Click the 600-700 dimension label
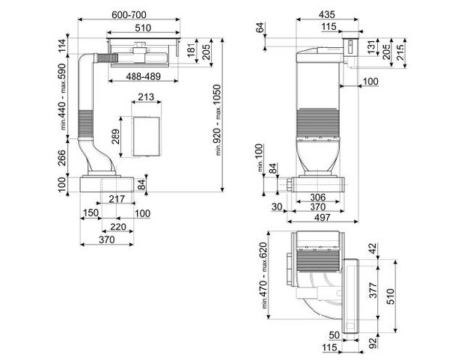pos(129,15)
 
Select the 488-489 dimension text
pos(144,76)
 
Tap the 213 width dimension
pos(146,97)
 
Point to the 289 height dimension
pos(116,137)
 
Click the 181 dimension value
pos(192,49)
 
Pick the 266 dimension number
pos(61,158)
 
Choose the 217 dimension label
pos(117,199)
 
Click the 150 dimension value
pos(91,213)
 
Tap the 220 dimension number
pos(118,227)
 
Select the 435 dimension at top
pos(327,14)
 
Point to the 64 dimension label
pos(260,28)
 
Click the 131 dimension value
pos(371,46)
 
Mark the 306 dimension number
pos(318,197)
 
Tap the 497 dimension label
pos(323,217)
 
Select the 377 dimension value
pos(373,290)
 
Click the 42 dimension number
pos(373,248)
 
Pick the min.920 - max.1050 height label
pos(217,120)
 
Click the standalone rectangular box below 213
pos(146,137)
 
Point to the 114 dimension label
pos(62,46)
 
